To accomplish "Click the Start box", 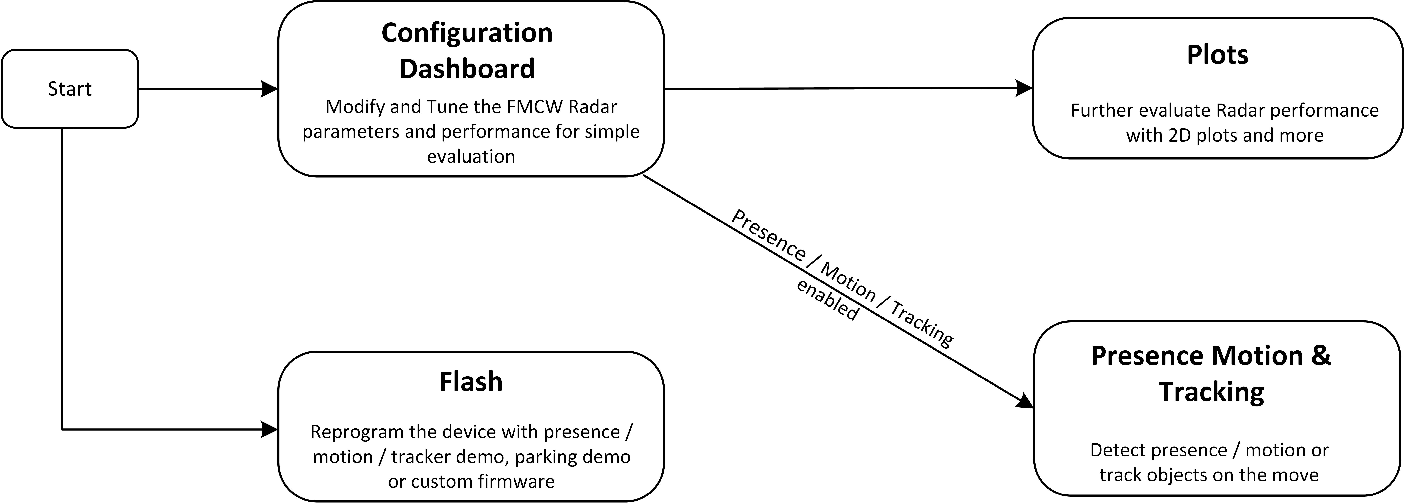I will pyautogui.click(x=70, y=89).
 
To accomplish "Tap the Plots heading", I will pyautogui.click(x=1217, y=54).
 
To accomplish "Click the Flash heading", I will pyautogui.click(x=471, y=381).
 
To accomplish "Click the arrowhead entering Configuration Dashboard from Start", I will pyautogui.click(x=269, y=89).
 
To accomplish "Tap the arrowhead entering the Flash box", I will pyautogui.click(x=269, y=429).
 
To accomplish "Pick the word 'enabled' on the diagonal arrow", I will pyautogui.click(x=827, y=300).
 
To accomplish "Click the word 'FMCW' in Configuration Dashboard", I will pyautogui.click(x=535, y=107).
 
